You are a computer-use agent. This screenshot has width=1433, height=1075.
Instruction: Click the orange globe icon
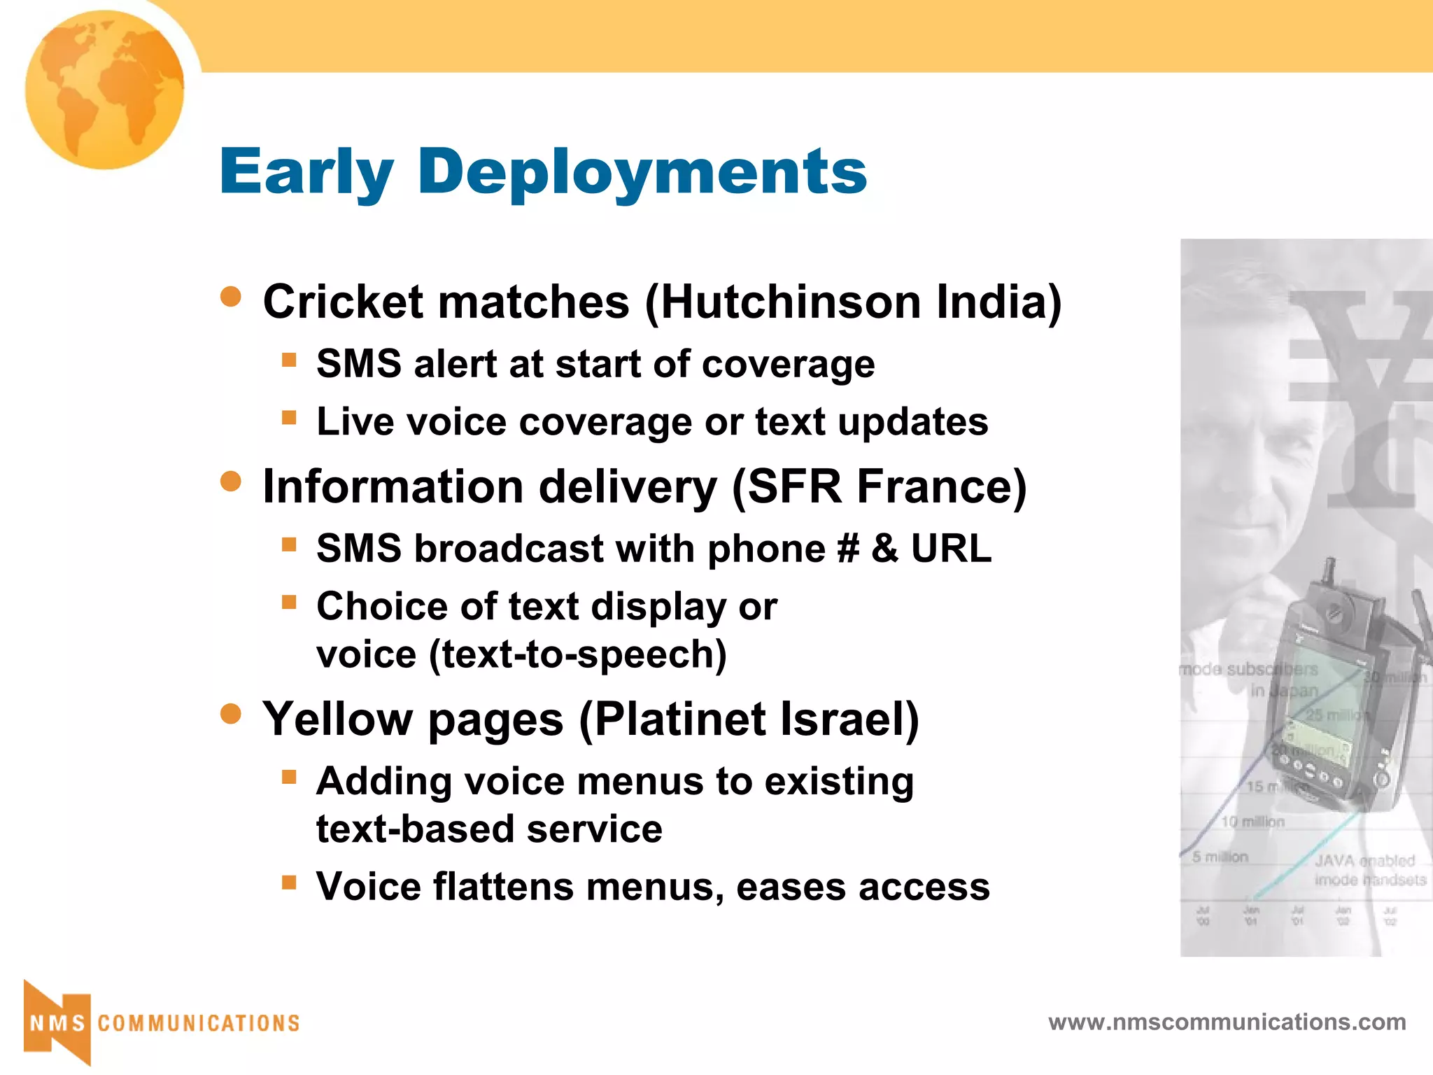coord(105,90)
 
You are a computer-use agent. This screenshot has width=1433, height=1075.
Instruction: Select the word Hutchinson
coord(791,302)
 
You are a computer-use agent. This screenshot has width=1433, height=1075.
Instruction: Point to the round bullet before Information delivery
coord(230,482)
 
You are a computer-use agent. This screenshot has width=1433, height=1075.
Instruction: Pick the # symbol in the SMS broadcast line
coord(847,548)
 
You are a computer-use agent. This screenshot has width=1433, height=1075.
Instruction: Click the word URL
coord(951,548)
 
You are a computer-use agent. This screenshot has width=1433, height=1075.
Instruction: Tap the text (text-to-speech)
coord(578,654)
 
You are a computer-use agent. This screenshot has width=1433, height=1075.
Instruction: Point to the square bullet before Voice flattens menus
coord(289,882)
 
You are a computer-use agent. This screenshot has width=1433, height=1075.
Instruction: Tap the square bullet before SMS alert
coord(289,360)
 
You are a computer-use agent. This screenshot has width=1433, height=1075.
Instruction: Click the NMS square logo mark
coord(57,1023)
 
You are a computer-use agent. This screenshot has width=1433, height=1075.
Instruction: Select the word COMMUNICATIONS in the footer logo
coord(199,1023)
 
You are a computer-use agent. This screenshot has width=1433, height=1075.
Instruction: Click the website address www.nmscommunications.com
coord(1227,1022)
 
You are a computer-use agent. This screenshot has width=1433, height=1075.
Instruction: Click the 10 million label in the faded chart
coord(1252,822)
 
